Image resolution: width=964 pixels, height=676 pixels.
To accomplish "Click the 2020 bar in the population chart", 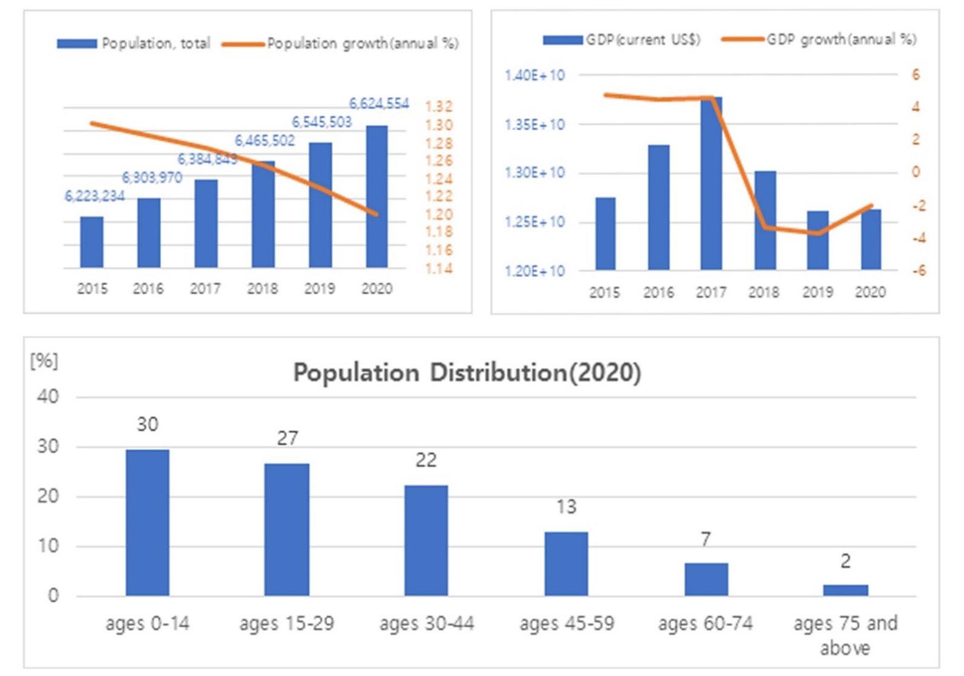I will [376, 197].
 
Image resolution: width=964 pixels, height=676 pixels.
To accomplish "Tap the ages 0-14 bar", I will [148, 522].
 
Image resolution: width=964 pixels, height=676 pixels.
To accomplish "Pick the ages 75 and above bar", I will [845, 590].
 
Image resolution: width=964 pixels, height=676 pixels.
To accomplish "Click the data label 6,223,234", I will [94, 196].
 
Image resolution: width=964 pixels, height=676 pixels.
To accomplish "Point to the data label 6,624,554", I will [379, 104].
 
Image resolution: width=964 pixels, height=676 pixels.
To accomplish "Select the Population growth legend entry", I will [362, 44].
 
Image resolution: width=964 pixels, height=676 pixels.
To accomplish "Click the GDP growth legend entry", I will [841, 40].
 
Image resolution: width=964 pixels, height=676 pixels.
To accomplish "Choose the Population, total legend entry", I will [156, 44].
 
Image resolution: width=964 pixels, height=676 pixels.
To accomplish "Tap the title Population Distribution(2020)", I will [467, 372].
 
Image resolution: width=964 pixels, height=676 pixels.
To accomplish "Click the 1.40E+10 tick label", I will [534, 76].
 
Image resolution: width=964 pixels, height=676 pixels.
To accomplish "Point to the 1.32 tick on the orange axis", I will [439, 107].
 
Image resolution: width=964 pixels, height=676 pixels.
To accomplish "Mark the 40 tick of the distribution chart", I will [48, 397].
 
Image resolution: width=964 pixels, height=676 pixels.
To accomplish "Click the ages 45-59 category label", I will [566, 623].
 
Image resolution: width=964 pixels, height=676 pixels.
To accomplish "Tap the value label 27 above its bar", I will [287, 438].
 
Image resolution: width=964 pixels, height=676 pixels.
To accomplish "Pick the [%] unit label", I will [44, 361].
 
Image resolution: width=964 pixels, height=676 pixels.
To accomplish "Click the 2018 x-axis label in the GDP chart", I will [764, 293].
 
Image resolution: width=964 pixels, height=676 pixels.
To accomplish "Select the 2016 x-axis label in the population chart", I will [148, 289].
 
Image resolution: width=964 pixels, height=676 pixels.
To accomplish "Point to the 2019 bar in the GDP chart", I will [818, 240].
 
